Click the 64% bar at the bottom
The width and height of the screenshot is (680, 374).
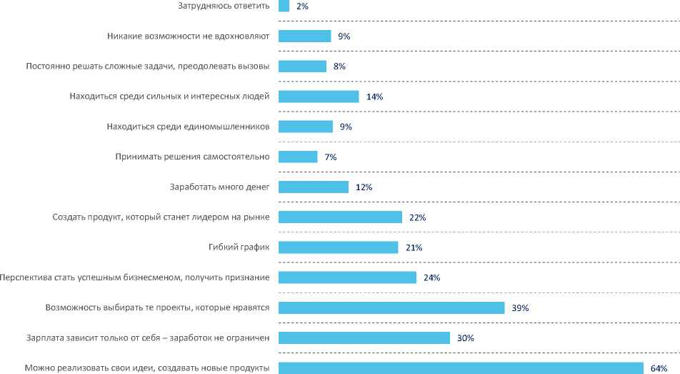tap(461, 368)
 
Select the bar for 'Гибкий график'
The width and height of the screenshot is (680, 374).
tap(338, 247)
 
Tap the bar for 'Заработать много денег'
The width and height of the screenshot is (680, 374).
tap(313, 187)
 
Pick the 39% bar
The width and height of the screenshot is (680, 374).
tap(391, 307)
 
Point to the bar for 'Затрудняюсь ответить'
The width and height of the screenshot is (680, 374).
tap(284, 6)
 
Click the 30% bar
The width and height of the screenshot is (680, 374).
tap(364, 338)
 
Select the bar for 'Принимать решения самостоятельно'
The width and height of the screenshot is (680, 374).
tap(298, 157)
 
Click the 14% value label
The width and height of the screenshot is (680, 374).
tap(375, 97)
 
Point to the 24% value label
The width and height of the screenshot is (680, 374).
tap(431, 277)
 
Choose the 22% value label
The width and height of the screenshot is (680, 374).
tap(417, 217)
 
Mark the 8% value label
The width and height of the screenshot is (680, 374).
tap(340, 67)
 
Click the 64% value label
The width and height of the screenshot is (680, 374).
tap(658, 368)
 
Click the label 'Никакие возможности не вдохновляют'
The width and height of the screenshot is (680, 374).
tap(187, 36)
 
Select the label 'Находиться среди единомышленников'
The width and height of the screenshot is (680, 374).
tap(188, 127)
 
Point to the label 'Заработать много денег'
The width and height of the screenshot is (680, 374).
tap(219, 187)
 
